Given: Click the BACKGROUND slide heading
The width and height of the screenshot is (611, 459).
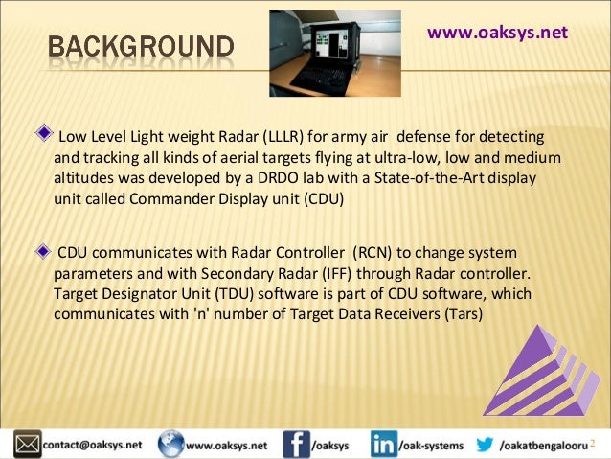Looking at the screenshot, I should point(141,46).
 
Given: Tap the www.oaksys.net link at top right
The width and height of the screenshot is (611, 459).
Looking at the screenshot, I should point(497,33).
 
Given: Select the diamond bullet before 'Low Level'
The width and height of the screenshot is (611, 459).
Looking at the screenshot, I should point(40,130).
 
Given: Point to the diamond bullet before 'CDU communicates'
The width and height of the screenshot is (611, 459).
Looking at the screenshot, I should point(40,250).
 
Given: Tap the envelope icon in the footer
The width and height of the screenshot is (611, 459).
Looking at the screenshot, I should point(26,444).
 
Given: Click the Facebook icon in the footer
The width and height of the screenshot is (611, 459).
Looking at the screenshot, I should point(296,445).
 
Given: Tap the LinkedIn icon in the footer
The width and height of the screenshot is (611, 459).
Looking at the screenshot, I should point(384,445).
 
